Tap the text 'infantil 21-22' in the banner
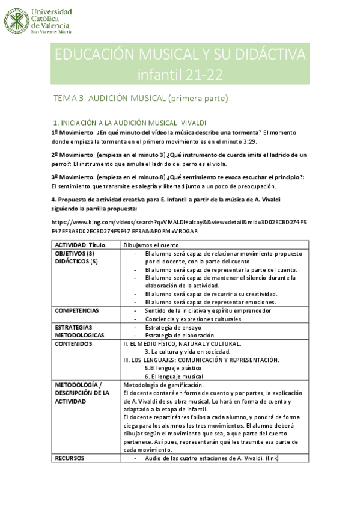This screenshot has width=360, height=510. tap(180, 75)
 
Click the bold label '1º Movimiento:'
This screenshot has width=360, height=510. tap(71, 132)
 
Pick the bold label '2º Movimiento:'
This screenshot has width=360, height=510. tap(71, 155)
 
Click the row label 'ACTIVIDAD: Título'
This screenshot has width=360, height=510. tap(79, 245)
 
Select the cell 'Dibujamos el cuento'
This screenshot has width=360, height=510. tap(151, 245)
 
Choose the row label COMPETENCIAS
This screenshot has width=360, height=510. tap(78, 310)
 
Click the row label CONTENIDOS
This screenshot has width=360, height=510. tap(74, 343)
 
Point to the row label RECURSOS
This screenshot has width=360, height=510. tap(70, 458)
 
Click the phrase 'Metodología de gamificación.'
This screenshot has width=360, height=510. tap(163, 385)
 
